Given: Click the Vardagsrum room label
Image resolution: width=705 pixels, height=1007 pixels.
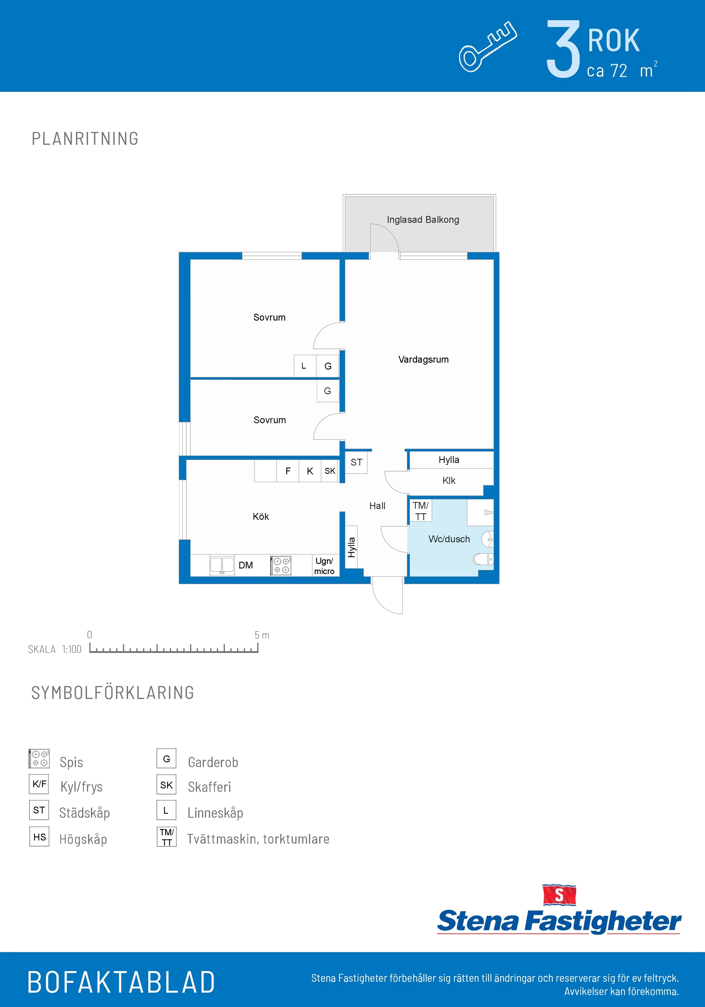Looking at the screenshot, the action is click(423, 360).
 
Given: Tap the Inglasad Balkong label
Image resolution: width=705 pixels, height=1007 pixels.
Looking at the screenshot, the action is click(423, 220).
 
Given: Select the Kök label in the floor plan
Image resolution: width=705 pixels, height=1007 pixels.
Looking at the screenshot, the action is click(261, 517).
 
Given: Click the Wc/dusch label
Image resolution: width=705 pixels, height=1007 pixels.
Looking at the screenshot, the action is click(449, 539).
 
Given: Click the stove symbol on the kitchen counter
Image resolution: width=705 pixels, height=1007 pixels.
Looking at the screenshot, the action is click(281, 565).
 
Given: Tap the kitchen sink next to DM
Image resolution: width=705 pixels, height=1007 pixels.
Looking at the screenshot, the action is click(222, 565).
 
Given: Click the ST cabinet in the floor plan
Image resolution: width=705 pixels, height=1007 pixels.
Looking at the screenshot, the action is click(356, 462).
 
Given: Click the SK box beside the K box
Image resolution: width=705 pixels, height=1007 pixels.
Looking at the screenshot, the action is click(330, 471).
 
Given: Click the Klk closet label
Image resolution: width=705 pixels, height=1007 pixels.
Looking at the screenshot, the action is click(449, 481).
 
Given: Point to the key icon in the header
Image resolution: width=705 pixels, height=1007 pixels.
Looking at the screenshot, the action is click(488, 47).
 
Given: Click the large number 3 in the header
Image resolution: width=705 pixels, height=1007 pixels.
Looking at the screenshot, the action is click(563, 49).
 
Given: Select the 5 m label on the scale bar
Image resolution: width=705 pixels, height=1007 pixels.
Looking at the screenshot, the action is click(262, 635).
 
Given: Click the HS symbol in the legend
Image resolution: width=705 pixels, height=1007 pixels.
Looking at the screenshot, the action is click(39, 836).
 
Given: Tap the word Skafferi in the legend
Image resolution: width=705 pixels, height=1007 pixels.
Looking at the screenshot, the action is click(209, 787).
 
